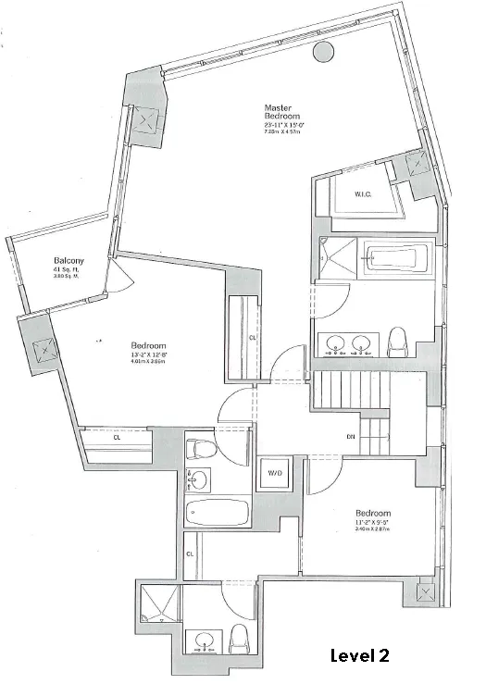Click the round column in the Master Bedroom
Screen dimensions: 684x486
tap(323, 52)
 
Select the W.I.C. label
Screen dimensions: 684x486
tap(363, 194)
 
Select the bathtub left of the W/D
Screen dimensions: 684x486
tap(219, 513)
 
